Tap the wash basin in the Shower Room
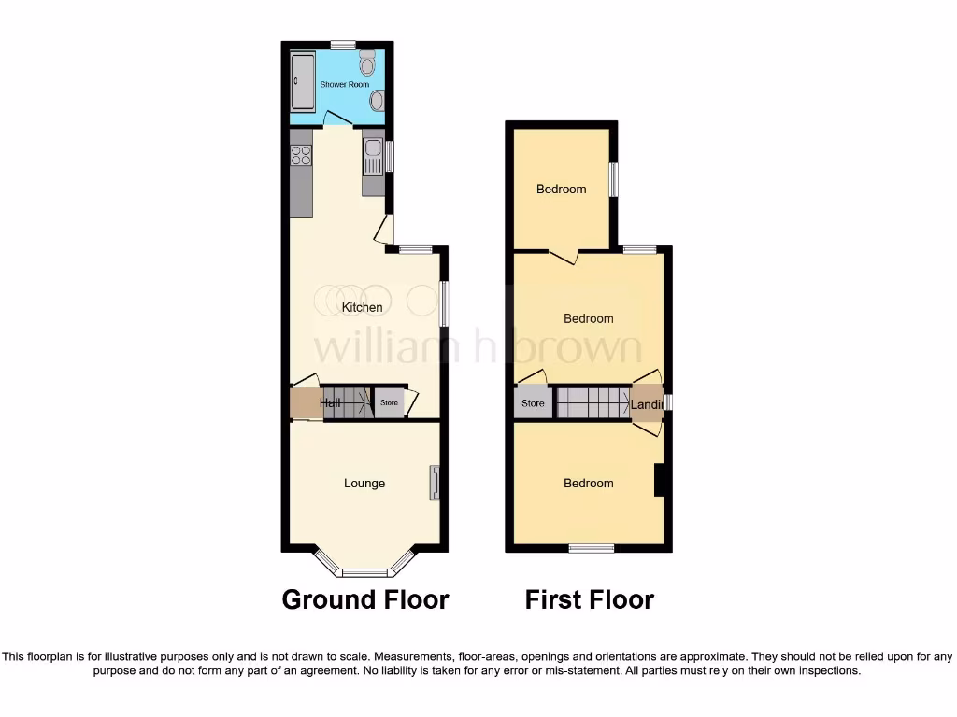(376, 101)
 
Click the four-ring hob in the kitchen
(301, 154)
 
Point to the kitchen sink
(372, 156)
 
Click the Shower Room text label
(345, 84)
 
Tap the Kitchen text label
(362, 307)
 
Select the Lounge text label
(364, 483)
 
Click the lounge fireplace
(435, 483)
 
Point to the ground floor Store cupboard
(389, 403)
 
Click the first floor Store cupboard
(533, 403)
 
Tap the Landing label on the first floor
(647, 404)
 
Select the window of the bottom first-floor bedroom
(592, 548)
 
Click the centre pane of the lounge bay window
(364, 572)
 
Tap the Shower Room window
(343, 44)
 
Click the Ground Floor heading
(365, 599)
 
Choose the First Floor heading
(589, 599)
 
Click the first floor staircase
(593, 403)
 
